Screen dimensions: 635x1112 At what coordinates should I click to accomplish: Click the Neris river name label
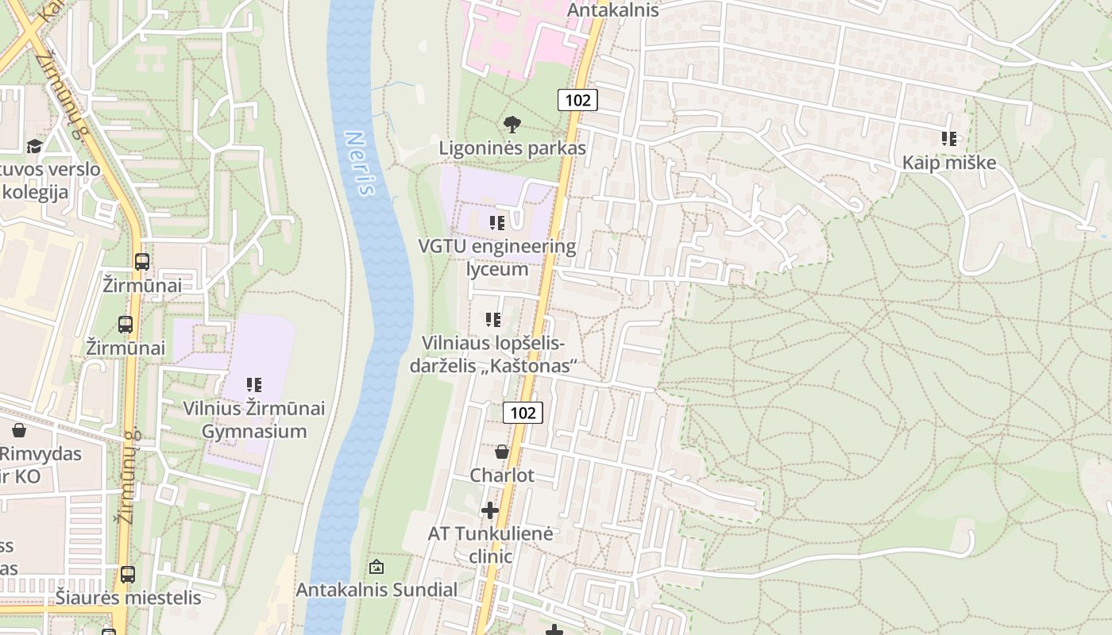coord(360,164)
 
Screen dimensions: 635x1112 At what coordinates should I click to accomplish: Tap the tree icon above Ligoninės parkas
coord(512,124)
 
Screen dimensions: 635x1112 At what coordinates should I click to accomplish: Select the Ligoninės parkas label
coord(512,148)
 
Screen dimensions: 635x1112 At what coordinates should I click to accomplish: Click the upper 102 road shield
coord(577,99)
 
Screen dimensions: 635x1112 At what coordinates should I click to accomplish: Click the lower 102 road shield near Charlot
coord(523,412)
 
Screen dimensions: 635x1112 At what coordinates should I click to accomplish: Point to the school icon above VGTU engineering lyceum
coord(497,223)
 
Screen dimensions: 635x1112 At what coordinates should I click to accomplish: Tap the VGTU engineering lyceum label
coord(497,257)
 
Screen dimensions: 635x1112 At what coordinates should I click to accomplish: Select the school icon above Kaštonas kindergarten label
coord(493,320)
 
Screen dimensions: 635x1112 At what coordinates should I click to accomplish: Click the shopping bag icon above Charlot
coord(502,452)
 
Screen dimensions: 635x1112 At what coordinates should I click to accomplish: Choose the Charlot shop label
coord(502,475)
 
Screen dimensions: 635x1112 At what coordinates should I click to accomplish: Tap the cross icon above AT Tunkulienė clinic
coord(490,510)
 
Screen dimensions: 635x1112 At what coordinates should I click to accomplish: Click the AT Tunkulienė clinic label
coord(490,545)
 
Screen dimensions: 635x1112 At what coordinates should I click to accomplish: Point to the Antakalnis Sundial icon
coord(376,567)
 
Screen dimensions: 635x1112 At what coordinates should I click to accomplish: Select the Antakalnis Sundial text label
coord(376,590)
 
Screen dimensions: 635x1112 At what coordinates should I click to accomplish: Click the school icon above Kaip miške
coord(948,139)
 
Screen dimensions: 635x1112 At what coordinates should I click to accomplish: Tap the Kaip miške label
coord(948,163)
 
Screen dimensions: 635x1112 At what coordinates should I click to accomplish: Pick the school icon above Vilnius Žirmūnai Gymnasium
coord(254,385)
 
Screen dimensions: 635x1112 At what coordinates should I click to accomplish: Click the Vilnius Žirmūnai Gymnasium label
coord(254,420)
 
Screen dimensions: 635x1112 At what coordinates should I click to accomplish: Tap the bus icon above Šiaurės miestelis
coord(128,574)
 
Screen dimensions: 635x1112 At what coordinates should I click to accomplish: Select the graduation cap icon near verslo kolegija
coord(34,146)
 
